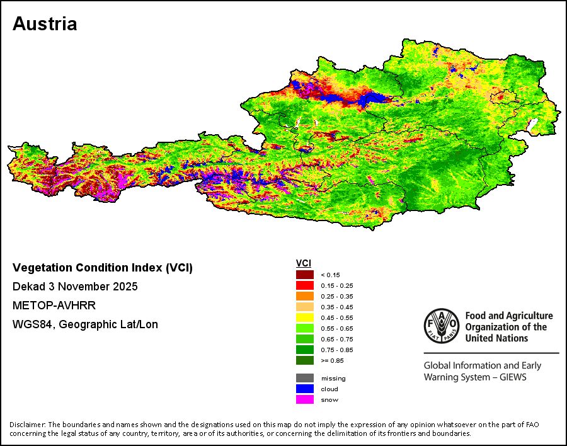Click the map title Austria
pos(45,24)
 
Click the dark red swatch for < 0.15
pos(305,275)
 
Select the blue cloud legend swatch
pos(305,389)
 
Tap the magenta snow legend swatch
pos(305,400)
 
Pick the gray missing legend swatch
pos(305,379)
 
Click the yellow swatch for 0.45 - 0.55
pos(305,317)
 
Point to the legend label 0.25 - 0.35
pos(336,297)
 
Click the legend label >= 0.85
pos(332,360)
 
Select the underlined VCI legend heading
pos(304,263)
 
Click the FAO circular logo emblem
pos(442,326)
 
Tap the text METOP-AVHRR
pos(54,306)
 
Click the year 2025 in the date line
pos(125,287)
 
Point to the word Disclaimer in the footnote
pos(28,425)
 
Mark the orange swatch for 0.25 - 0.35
pos(305,296)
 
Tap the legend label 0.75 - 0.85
pos(336,350)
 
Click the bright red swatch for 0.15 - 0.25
pos(305,285)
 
